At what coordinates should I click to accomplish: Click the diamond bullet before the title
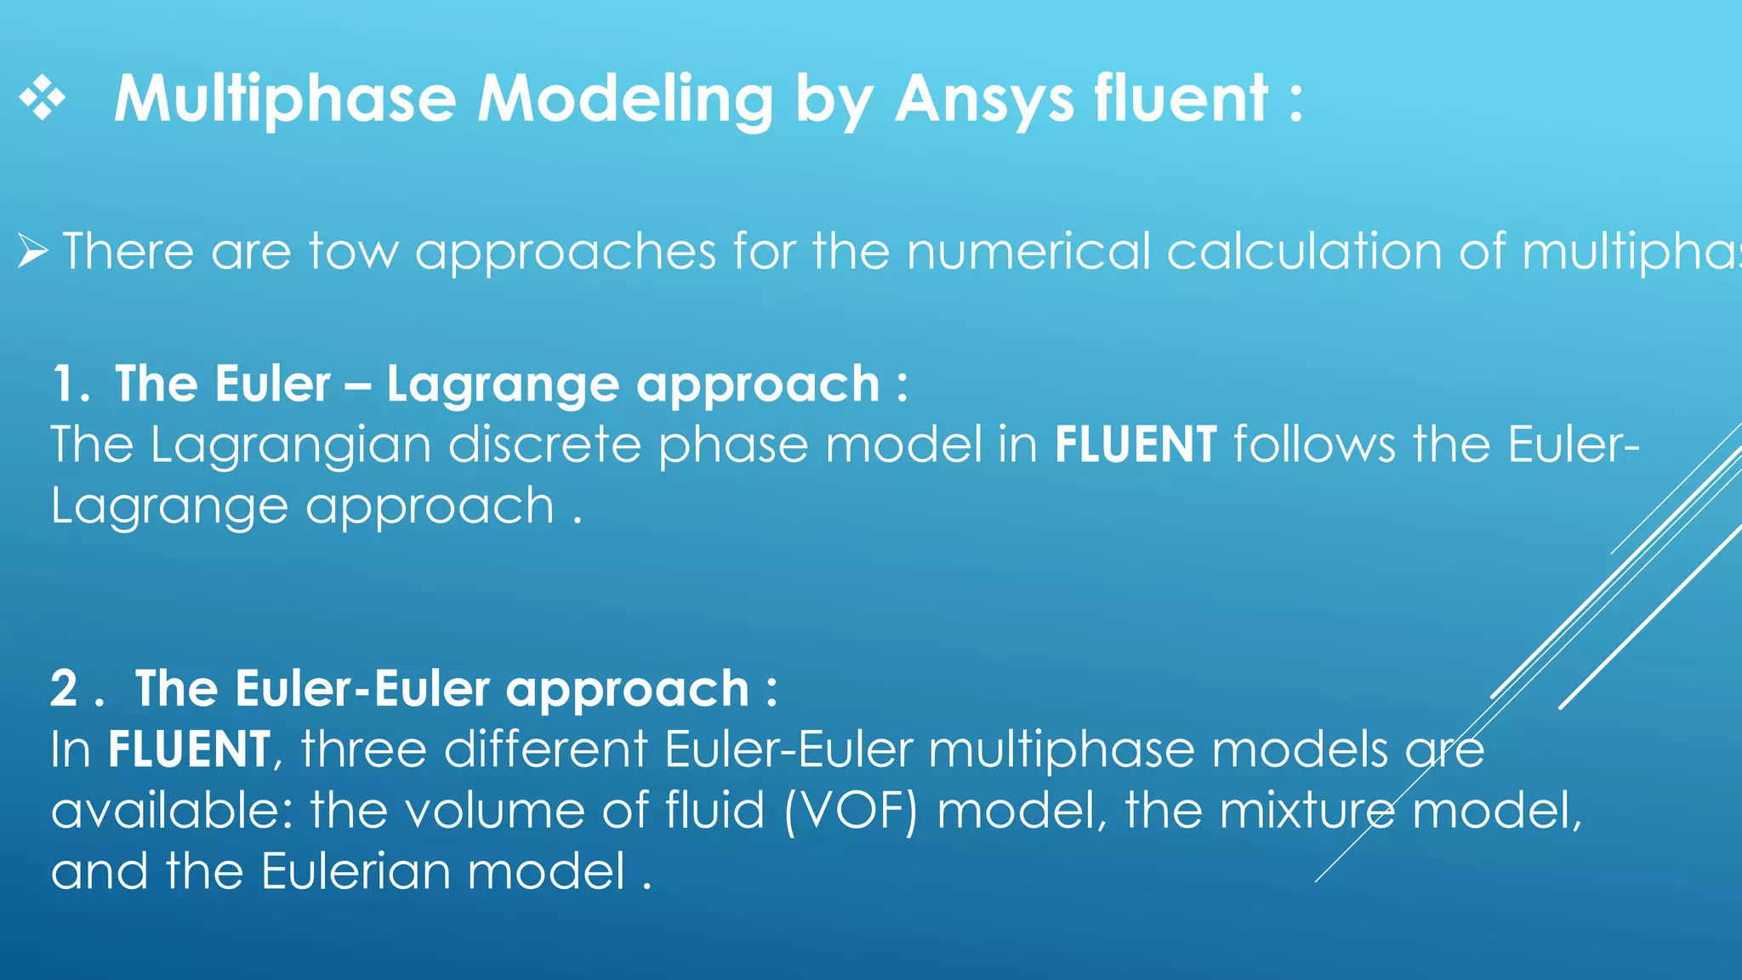pyautogui.click(x=42, y=100)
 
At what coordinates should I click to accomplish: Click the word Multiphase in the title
pyautogui.click(x=285, y=100)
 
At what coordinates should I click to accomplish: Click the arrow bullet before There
pyautogui.click(x=32, y=252)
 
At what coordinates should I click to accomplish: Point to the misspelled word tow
pyautogui.click(x=354, y=252)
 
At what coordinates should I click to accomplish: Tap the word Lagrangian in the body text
pyautogui.click(x=290, y=446)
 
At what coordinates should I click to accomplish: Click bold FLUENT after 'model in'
pyautogui.click(x=1135, y=445)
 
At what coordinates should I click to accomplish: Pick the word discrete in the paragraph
pyautogui.click(x=544, y=445)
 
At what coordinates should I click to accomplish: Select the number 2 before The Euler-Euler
pyautogui.click(x=65, y=688)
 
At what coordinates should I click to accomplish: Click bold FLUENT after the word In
pyautogui.click(x=189, y=750)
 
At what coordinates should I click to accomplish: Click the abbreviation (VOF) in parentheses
pyautogui.click(x=851, y=811)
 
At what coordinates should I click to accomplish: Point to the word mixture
pyautogui.click(x=1306, y=811)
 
